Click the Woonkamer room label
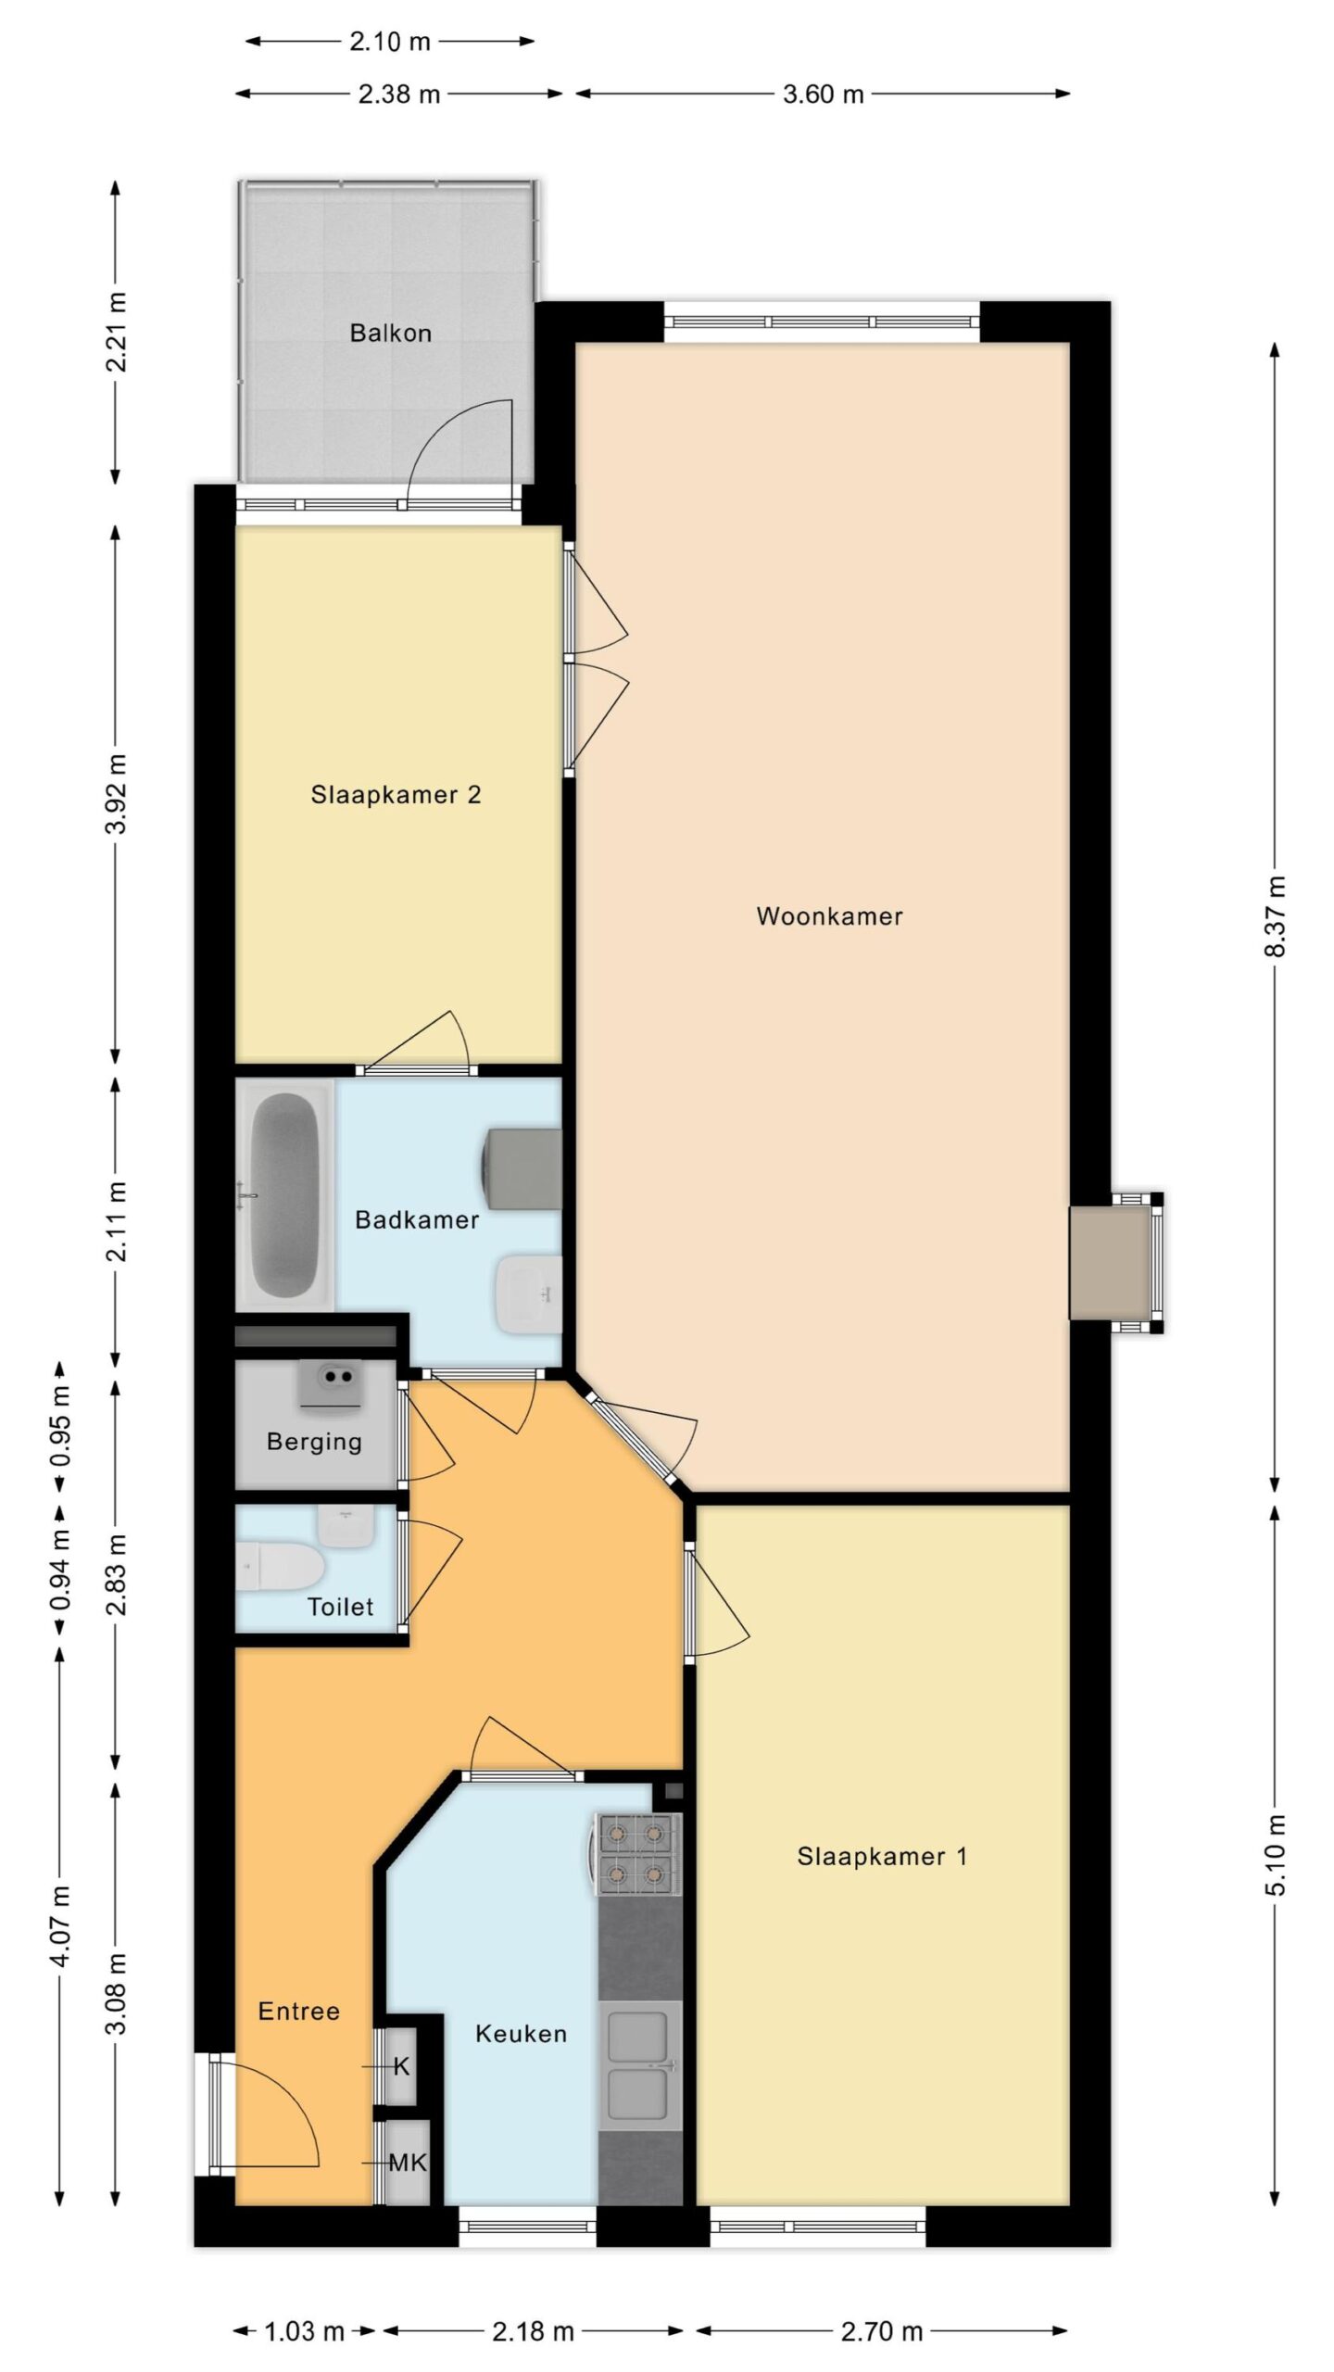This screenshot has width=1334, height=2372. tap(829, 916)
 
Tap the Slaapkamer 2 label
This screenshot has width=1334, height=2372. tap(396, 795)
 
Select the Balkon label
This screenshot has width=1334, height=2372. tap(390, 334)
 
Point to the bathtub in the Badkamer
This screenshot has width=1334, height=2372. tap(284, 1195)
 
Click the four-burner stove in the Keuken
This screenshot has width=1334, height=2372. tap(638, 1853)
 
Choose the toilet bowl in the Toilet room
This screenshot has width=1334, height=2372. tap(280, 1566)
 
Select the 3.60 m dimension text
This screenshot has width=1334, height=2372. tap(823, 95)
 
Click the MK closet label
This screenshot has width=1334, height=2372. tap(408, 2163)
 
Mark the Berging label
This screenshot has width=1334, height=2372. tap(314, 1442)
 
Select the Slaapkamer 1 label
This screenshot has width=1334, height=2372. tap(882, 1857)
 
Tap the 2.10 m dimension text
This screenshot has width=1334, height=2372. tap(390, 42)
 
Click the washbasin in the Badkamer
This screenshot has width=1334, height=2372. tap(530, 1294)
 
